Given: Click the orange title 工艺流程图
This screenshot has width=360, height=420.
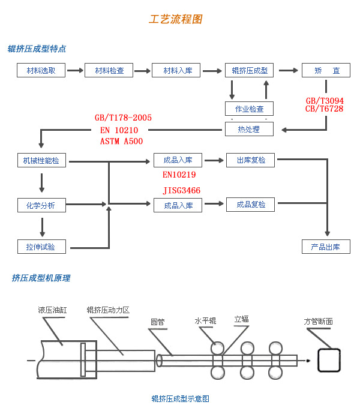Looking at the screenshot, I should tap(175, 19).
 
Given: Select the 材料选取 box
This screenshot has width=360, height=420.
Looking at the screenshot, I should tap(41, 70).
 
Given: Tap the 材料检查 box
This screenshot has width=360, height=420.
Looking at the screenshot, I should tap(109, 70).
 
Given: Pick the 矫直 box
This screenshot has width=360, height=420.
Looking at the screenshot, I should tap(326, 70).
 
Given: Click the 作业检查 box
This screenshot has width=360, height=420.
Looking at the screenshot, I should tap(250, 109).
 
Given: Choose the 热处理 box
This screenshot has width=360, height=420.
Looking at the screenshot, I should tap(250, 129).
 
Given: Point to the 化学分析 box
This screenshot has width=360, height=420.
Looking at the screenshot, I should tap(41, 205).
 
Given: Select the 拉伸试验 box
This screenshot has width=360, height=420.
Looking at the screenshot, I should tap(41, 247).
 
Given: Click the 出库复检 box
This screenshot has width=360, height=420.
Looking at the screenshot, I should tap(250, 160).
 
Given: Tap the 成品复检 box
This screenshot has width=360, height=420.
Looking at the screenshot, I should tap(250, 205).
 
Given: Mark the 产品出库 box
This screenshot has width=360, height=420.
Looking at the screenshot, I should tap(326, 247).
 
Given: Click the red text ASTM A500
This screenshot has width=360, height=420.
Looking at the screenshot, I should tap(121, 141).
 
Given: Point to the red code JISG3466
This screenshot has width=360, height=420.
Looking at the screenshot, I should tap(182, 190).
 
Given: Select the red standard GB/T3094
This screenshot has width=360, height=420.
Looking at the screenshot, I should tap(325, 101).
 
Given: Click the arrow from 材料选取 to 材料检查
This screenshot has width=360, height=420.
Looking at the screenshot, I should tap(75, 70).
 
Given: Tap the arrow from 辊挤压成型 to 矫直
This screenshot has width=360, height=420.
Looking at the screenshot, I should tap(288, 70).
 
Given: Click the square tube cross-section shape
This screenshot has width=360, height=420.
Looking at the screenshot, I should tap(329, 361).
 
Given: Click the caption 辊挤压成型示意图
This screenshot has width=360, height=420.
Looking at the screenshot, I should tap(180, 398).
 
